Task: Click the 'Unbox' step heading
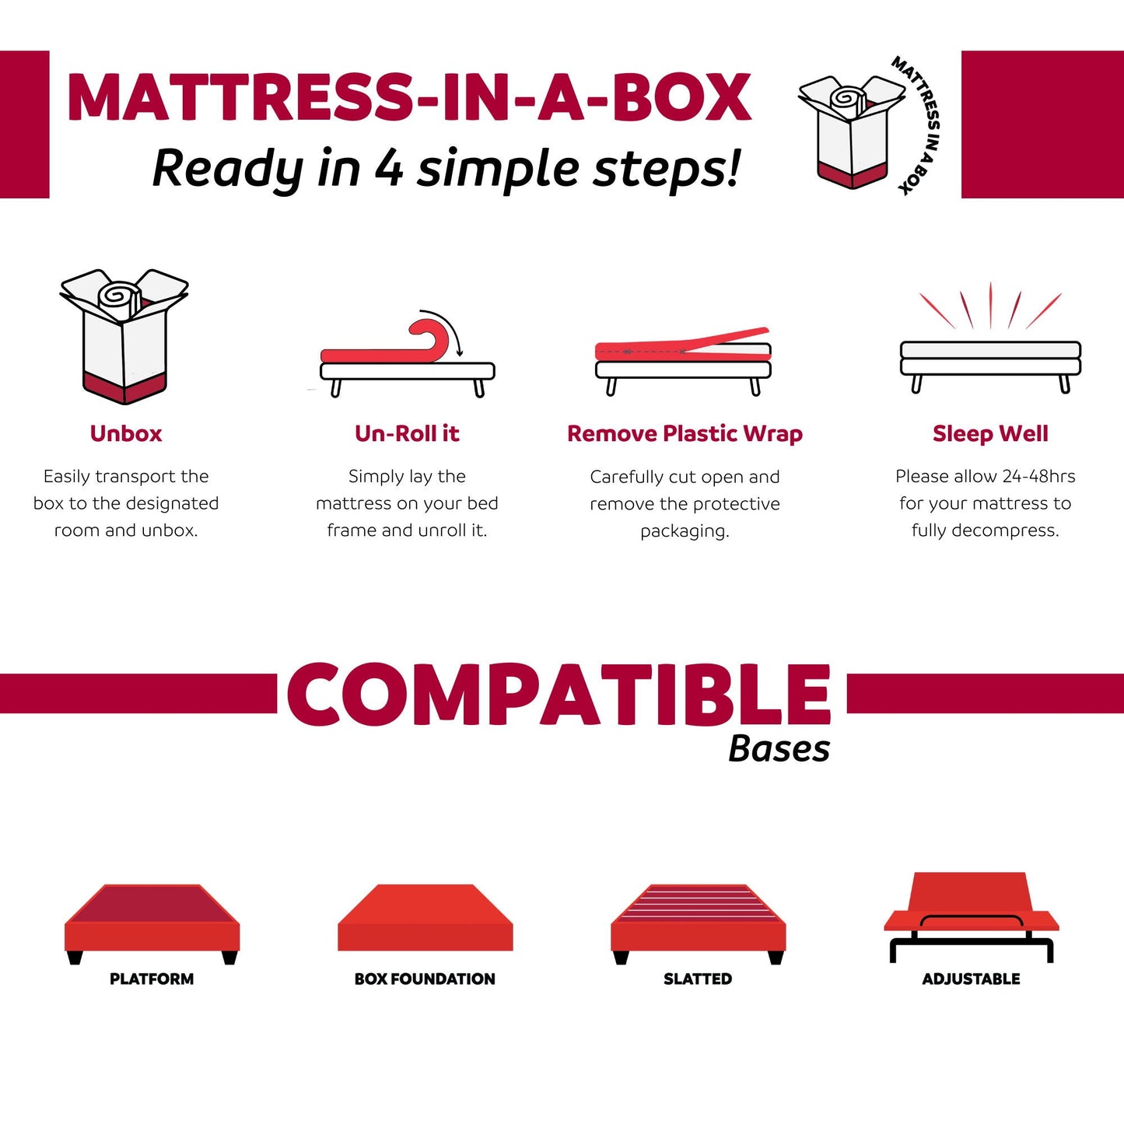126,433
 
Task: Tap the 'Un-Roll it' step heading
407,433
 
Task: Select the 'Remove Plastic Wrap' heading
685,433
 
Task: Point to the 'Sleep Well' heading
990,433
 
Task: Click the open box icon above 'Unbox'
124,335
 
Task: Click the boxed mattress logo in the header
853,131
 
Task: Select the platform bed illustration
152,923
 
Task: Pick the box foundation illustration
425,918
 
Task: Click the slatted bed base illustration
698,923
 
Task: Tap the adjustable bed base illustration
971,916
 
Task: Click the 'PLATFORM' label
152,979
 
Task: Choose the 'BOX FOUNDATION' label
425,979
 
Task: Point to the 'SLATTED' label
698,979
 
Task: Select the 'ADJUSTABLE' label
971,979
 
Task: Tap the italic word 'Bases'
779,749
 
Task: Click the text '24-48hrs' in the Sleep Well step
1038,476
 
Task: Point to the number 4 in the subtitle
388,168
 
